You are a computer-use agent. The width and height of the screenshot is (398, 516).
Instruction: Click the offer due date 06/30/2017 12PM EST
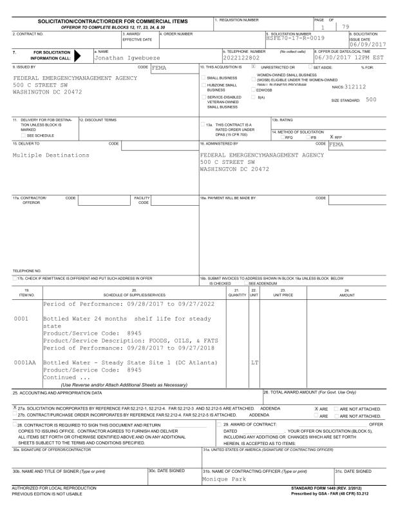349,57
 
